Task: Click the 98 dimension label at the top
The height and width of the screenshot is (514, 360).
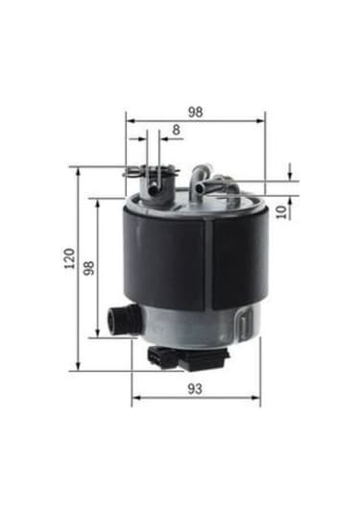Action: (x=195, y=111)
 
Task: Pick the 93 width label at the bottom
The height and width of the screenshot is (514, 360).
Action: (x=195, y=388)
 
